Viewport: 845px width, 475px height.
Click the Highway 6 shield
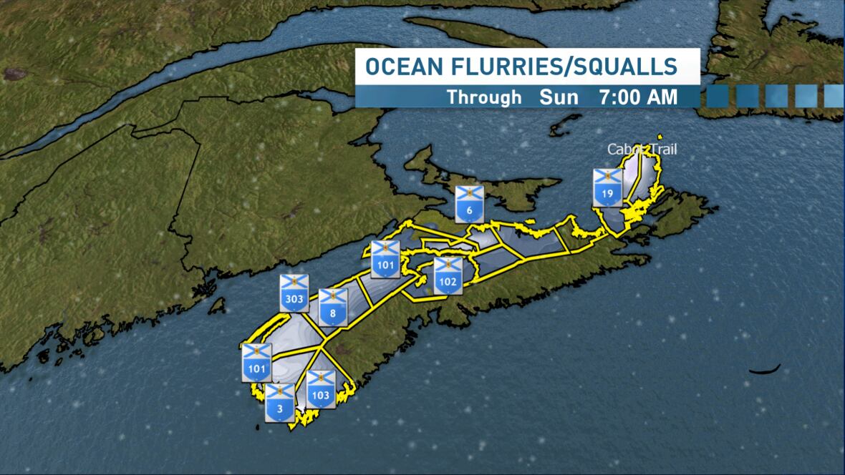pos(469,204)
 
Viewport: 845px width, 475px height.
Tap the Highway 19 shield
pos(607,187)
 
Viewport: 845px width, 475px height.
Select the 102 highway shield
pos(448,275)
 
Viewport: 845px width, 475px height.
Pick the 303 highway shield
pos(294,292)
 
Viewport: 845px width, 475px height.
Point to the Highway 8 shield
pos(333,306)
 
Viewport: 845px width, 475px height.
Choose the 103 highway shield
pos(321,389)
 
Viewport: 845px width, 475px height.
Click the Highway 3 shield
pos(279,403)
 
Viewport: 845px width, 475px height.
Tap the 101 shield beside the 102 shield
pos(385,259)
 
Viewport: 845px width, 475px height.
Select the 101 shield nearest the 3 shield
pos(256,363)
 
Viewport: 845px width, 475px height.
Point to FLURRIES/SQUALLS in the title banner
pos(562,67)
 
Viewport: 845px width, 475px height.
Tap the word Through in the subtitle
pos(484,97)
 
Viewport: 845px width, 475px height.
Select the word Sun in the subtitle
pos(559,97)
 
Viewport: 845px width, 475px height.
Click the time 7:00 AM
pos(638,97)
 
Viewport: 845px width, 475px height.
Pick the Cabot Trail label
pos(642,150)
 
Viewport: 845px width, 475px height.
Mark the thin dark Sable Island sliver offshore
pos(765,369)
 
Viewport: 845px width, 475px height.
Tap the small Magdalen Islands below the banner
pos(566,125)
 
